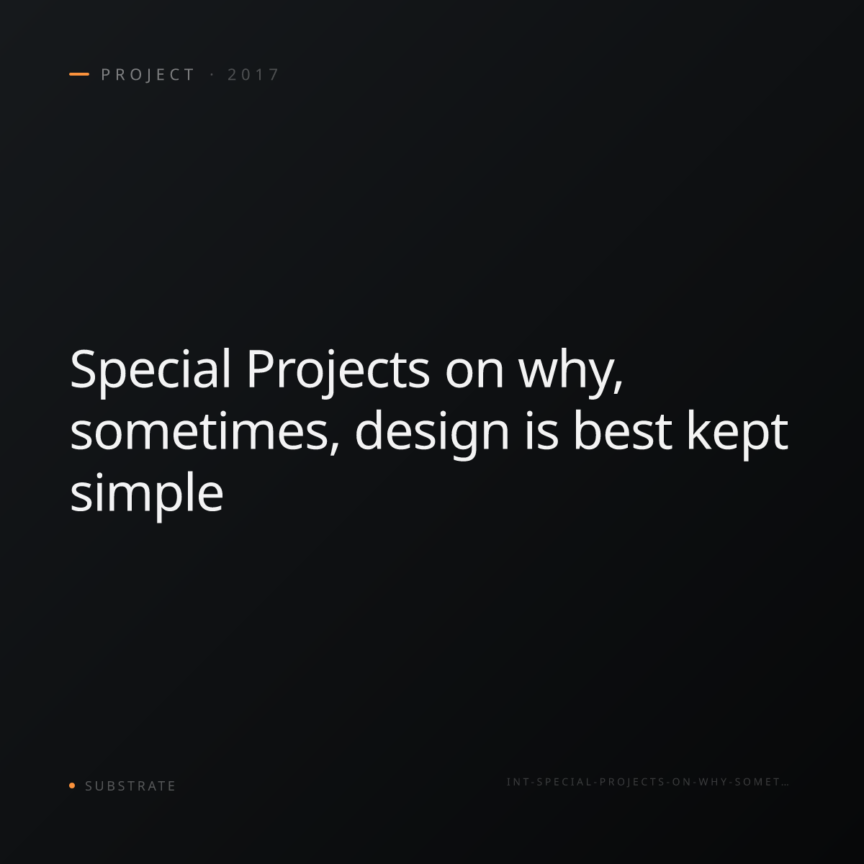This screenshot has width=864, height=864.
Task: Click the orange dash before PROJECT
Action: (x=79, y=74)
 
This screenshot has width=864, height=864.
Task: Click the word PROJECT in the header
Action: (x=148, y=74)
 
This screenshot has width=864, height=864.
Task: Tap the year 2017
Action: (x=253, y=74)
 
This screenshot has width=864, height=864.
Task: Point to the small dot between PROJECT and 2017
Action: (x=212, y=74)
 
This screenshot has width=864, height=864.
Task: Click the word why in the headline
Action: (x=566, y=375)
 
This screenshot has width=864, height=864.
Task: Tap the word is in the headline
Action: (x=541, y=431)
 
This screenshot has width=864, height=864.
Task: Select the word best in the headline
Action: (x=623, y=431)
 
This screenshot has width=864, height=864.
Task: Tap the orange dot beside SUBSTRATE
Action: (x=72, y=785)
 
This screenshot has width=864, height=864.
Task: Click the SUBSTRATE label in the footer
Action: (x=130, y=786)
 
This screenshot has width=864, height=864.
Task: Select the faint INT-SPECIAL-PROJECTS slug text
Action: (x=647, y=782)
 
